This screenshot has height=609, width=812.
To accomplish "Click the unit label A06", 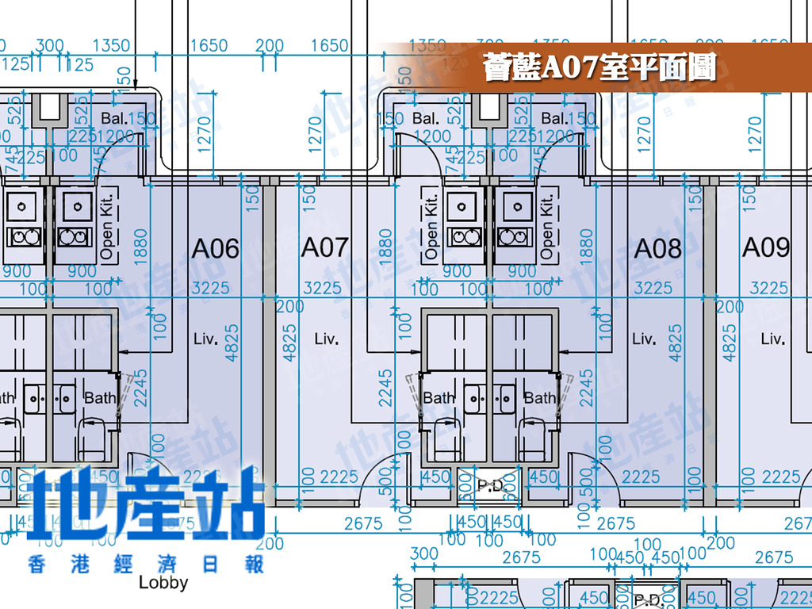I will [215, 248].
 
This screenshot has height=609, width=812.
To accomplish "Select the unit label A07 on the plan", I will [324, 247].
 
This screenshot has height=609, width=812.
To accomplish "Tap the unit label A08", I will [657, 248].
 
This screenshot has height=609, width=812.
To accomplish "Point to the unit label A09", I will [766, 247].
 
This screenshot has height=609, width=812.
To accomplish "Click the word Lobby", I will [163, 582].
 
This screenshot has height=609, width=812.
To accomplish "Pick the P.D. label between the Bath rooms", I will [488, 483].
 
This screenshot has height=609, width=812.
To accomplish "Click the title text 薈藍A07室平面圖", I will [599, 68].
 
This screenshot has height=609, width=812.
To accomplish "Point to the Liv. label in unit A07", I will [327, 339].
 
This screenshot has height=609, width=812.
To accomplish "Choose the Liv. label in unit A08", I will [644, 339].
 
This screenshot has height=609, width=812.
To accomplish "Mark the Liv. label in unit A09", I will [772, 339].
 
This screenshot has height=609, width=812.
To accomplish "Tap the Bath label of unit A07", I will [439, 397].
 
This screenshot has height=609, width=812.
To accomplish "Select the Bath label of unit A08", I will [540, 397].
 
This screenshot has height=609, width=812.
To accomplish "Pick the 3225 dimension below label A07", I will [323, 287].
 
